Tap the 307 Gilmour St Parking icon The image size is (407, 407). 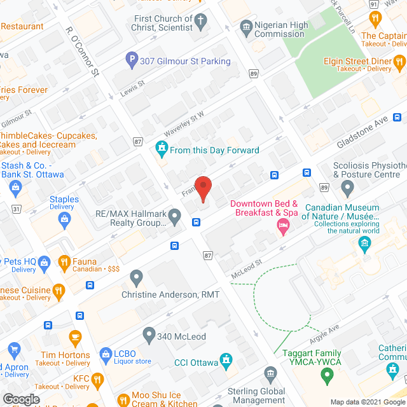pos(132,62)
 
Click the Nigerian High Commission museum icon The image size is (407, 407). pos(246,27)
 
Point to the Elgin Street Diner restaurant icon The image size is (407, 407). pos(399,62)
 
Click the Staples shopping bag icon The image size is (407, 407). pos(64,219)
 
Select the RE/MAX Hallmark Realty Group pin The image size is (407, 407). pos(176,220)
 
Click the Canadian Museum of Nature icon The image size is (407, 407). pos(364,243)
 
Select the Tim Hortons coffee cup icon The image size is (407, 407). pos(76,337)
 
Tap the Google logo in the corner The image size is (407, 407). pos(21,399)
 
